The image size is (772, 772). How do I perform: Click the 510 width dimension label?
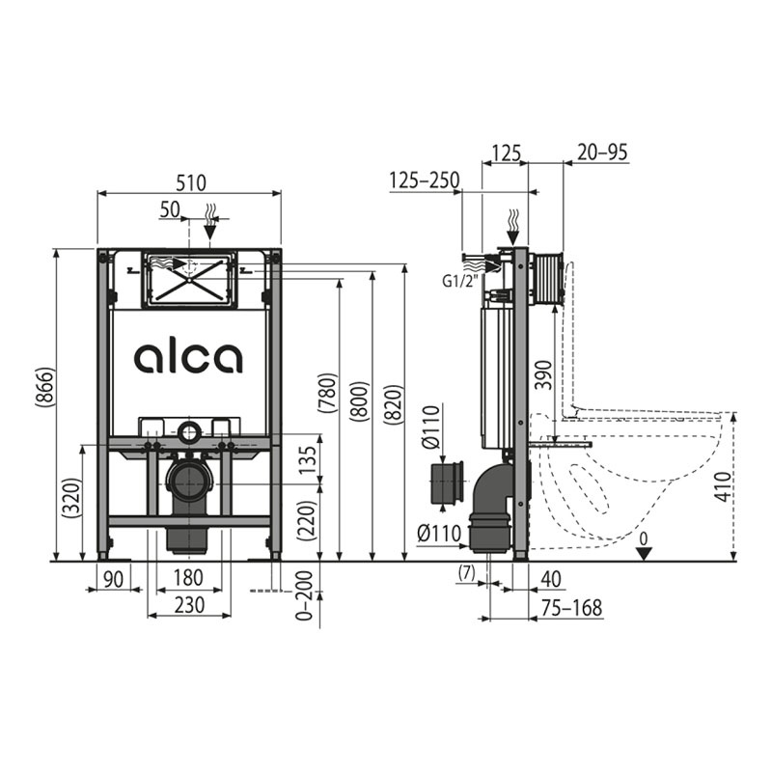point(191,182)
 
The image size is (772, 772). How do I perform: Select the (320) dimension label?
point(71,497)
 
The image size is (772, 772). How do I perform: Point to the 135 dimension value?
point(308,459)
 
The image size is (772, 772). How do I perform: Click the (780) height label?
point(327,393)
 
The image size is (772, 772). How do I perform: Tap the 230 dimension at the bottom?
point(189,605)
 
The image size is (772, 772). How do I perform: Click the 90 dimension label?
point(114,579)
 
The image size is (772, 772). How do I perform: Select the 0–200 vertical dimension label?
point(305,595)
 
